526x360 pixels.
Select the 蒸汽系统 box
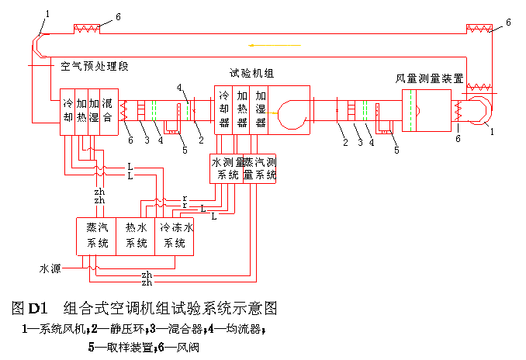point(97,235)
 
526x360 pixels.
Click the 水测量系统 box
point(226,168)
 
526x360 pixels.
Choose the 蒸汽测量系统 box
point(261,168)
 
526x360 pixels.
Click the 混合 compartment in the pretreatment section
point(108,110)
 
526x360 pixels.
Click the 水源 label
point(50,268)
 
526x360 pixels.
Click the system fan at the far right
point(477,111)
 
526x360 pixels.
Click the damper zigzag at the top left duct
point(88,29)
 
